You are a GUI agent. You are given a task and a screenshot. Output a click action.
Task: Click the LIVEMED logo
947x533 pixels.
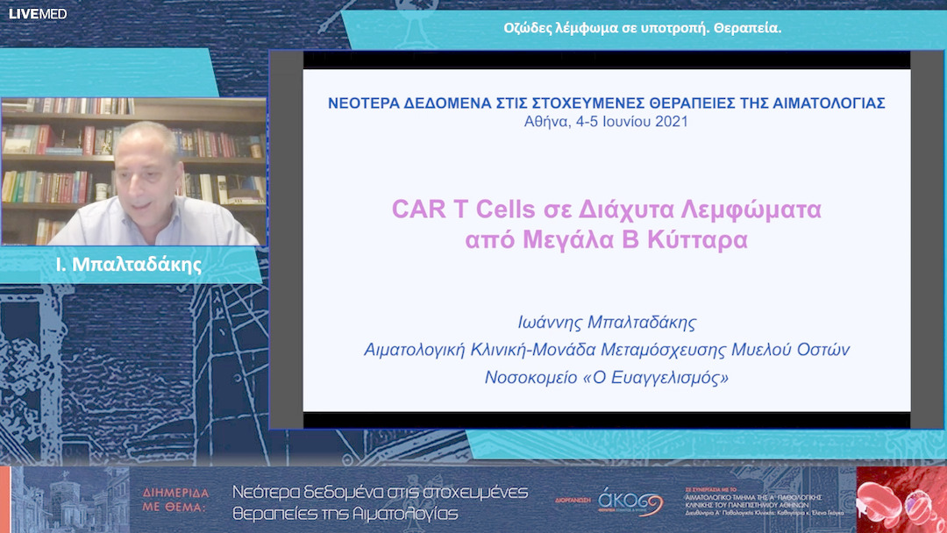coord(38,14)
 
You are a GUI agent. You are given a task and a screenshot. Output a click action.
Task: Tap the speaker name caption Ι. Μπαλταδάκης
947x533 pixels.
coord(128,264)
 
